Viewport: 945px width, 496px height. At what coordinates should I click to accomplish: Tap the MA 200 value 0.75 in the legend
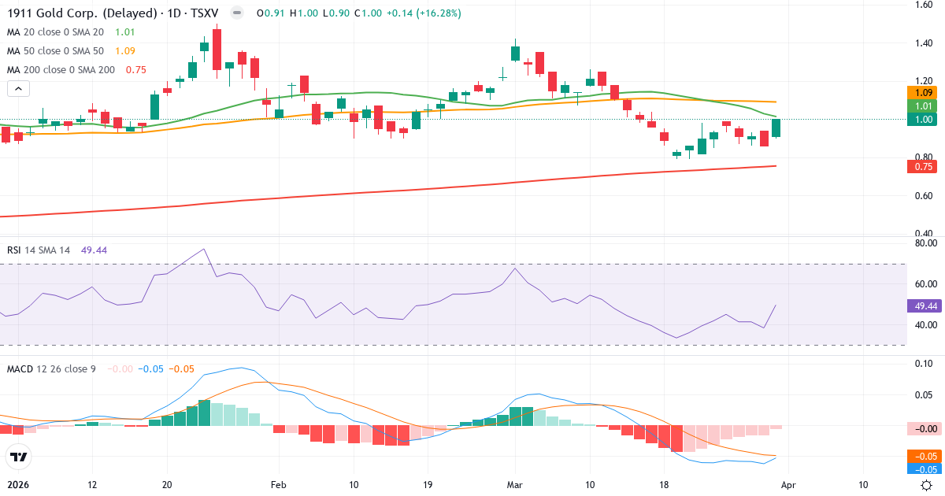point(135,70)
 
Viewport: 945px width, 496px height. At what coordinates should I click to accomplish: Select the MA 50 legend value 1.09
point(124,51)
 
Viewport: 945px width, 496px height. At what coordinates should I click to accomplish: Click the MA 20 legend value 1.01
point(124,32)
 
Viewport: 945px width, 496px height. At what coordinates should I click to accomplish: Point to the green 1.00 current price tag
point(922,119)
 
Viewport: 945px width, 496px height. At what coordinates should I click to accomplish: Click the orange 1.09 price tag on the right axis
point(922,92)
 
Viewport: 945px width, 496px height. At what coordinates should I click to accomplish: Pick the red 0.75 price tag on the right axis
point(922,166)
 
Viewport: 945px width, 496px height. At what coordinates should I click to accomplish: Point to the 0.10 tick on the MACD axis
point(923,363)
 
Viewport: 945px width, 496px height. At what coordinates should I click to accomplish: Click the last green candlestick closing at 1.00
point(776,128)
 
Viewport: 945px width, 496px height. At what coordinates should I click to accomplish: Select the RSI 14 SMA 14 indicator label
point(39,250)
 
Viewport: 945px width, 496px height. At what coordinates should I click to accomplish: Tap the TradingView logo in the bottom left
point(17,457)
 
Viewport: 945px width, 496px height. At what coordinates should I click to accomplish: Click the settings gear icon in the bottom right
point(927,485)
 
